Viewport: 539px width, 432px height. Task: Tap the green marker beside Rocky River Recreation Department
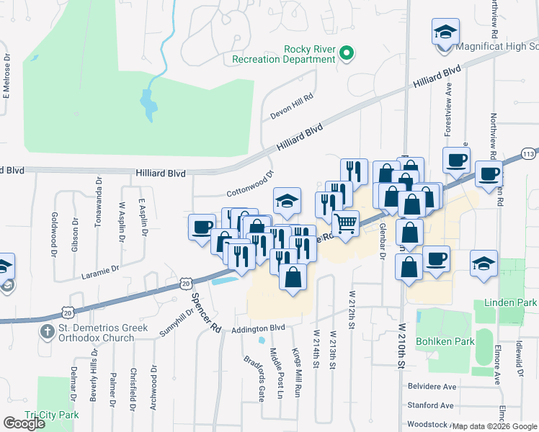tap(347, 53)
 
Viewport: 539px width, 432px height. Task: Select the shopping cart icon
tap(346, 224)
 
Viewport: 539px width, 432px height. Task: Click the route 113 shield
tap(528, 153)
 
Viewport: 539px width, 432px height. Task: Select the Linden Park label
tap(511, 303)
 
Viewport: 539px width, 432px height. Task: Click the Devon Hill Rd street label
tap(292, 106)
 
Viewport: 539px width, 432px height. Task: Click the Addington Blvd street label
tap(259, 328)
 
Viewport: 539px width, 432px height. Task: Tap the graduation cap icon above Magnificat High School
tap(445, 32)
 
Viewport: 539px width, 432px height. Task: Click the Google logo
tap(24, 424)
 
